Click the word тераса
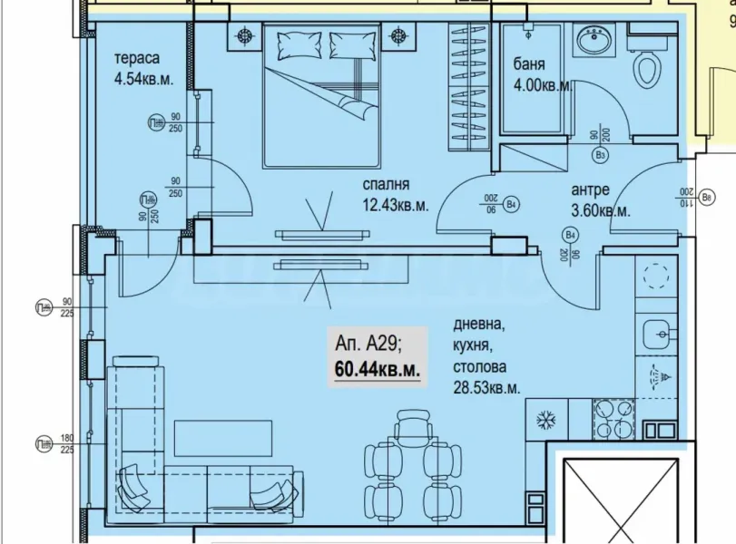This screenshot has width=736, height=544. click(x=136, y=59)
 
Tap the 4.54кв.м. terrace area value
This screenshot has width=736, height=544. click(x=142, y=79)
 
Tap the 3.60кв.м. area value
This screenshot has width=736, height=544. click(x=601, y=211)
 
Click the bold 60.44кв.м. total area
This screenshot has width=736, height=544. click(x=377, y=370)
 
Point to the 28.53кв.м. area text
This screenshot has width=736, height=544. click(x=486, y=387)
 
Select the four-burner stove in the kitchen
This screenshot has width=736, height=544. click(x=614, y=420)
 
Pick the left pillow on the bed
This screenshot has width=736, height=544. click(x=296, y=43)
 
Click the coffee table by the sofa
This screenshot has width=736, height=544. click(x=224, y=438)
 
